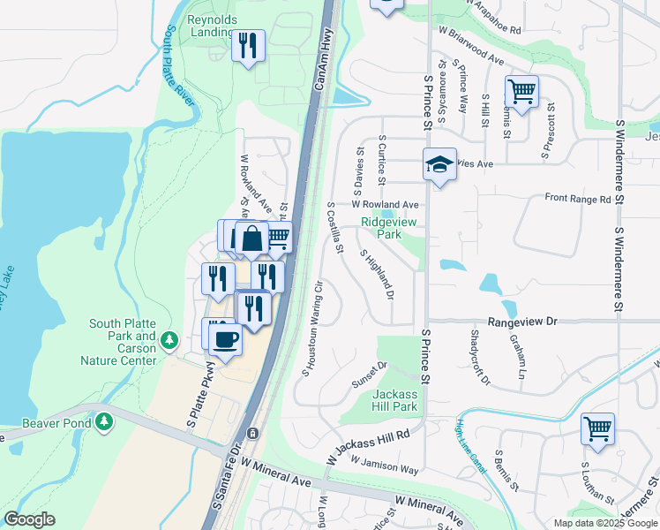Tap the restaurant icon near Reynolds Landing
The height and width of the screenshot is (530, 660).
click(248, 45)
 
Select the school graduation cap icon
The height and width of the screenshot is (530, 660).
click(439, 163)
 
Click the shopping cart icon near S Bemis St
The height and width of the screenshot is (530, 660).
click(521, 91)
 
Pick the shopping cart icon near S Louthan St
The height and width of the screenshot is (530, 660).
click(597, 428)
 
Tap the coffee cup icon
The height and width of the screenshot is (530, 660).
click(225, 339)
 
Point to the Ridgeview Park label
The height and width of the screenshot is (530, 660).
click(381, 228)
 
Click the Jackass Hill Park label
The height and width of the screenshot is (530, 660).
click(394, 400)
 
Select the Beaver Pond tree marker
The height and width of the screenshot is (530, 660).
click(106, 421)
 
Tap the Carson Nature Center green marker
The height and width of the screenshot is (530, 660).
click(172, 340)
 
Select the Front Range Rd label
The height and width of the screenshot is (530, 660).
click(578, 200)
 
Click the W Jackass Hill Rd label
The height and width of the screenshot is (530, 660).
click(368, 446)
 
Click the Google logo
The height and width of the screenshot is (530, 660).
click(29, 519)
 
